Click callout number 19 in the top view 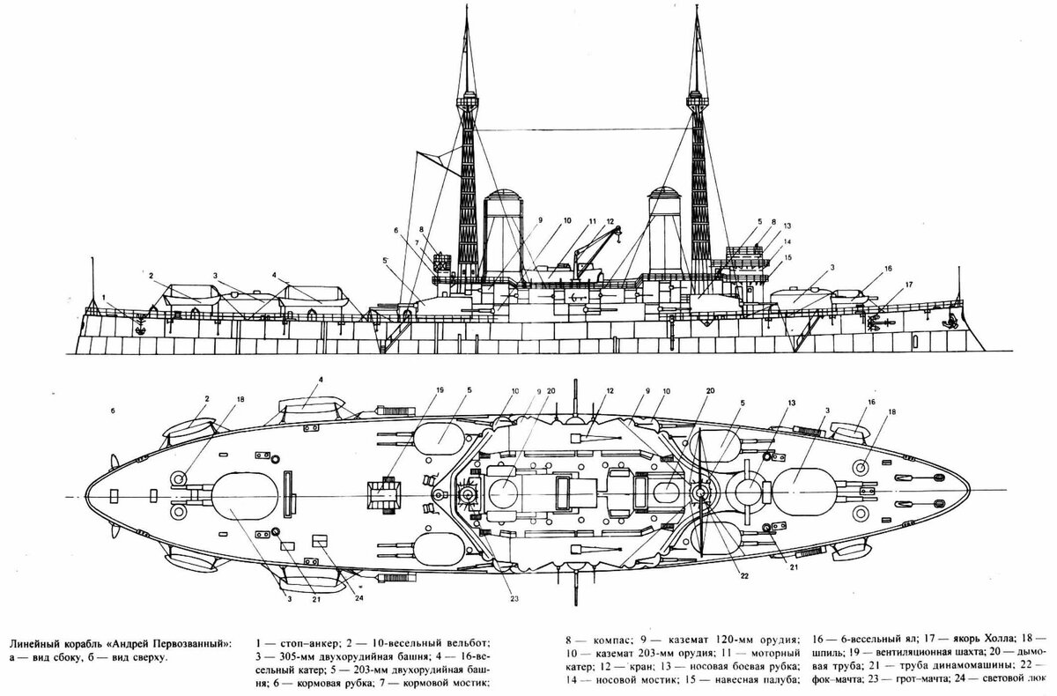[439, 389]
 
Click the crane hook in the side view [618, 233]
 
